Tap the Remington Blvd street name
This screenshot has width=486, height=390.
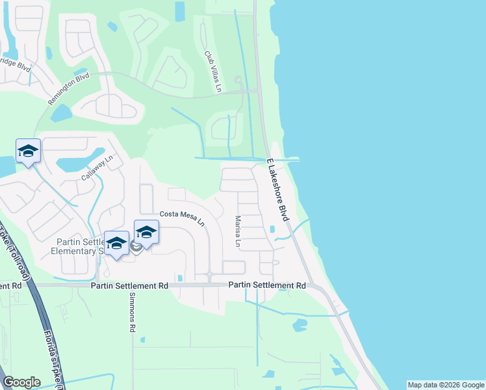coord(68,90)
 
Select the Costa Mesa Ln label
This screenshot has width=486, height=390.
coord(183,218)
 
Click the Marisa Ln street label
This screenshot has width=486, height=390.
coord(238,233)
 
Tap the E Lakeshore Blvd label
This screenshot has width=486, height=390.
coord(277,189)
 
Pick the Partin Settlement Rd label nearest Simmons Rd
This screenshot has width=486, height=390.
coord(129,285)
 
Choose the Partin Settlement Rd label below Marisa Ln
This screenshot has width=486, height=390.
coord(267,285)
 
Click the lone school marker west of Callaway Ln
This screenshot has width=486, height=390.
coord(28,152)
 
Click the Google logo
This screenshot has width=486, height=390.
coord(21,382)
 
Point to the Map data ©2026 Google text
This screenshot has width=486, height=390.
coord(445,385)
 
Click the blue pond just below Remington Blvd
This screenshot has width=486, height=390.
coord(62,114)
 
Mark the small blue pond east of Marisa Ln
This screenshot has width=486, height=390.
coord(272,229)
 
